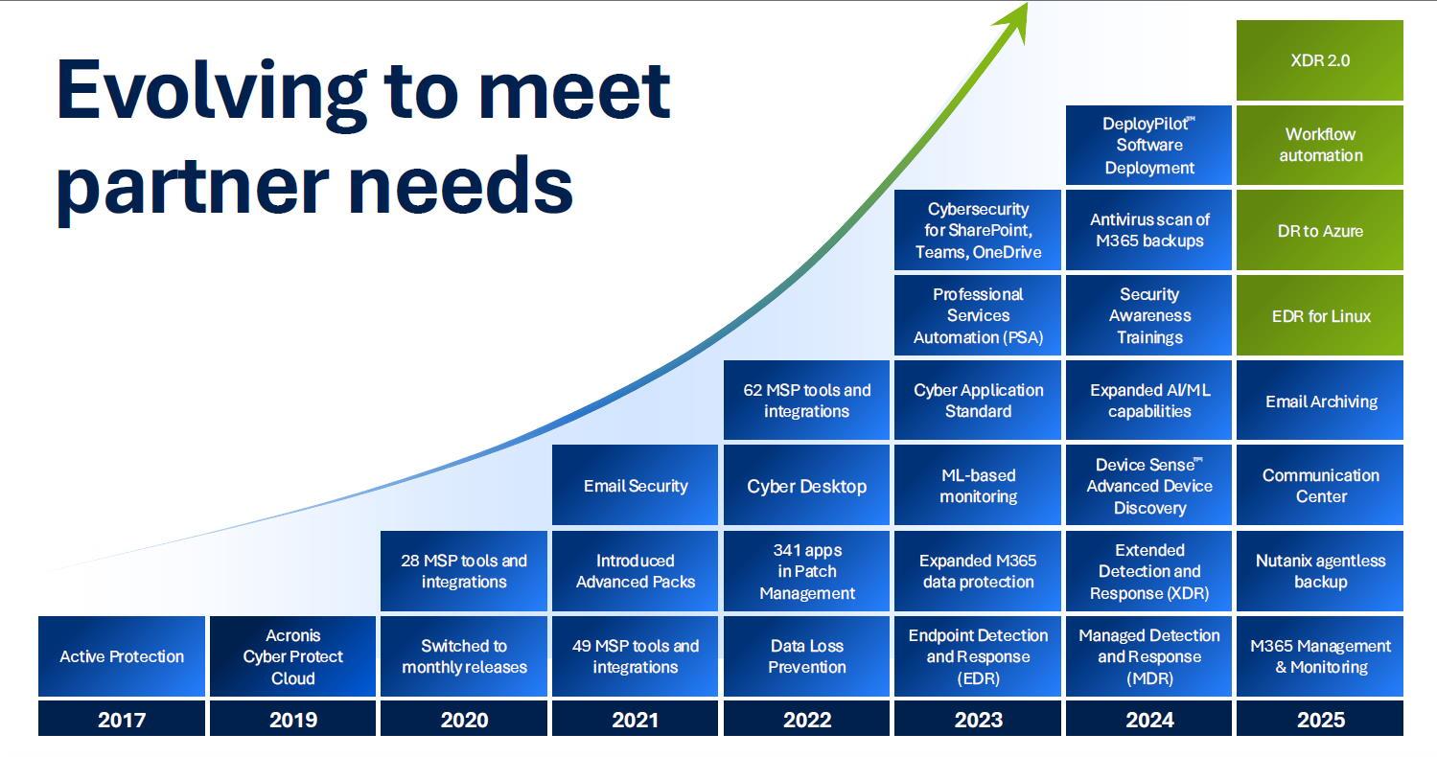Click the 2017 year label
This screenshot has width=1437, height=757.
(x=122, y=719)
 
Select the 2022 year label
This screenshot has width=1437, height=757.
(x=806, y=719)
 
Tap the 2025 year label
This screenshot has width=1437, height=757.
(x=1320, y=719)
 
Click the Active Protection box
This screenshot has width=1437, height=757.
(x=122, y=656)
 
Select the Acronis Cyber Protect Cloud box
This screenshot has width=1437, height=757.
(x=292, y=656)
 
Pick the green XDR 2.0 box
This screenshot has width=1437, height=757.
(x=1320, y=60)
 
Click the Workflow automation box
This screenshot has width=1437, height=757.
(x=1320, y=145)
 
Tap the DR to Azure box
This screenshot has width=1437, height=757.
(x=1320, y=230)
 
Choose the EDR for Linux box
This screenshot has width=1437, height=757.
(x=1320, y=315)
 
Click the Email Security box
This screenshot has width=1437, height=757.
(x=636, y=485)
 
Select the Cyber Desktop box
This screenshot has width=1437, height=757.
(x=806, y=485)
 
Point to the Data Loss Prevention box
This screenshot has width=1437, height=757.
(x=806, y=656)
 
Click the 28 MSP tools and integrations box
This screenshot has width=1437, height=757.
(x=464, y=570)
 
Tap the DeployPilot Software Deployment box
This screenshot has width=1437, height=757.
(x=1149, y=145)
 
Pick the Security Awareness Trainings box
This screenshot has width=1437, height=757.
(x=1149, y=315)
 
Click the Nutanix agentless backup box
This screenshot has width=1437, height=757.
(x=1320, y=570)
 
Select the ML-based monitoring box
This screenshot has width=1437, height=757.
(x=978, y=485)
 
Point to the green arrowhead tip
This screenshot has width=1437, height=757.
(x=1027, y=4)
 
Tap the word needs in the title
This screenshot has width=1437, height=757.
(x=462, y=186)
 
